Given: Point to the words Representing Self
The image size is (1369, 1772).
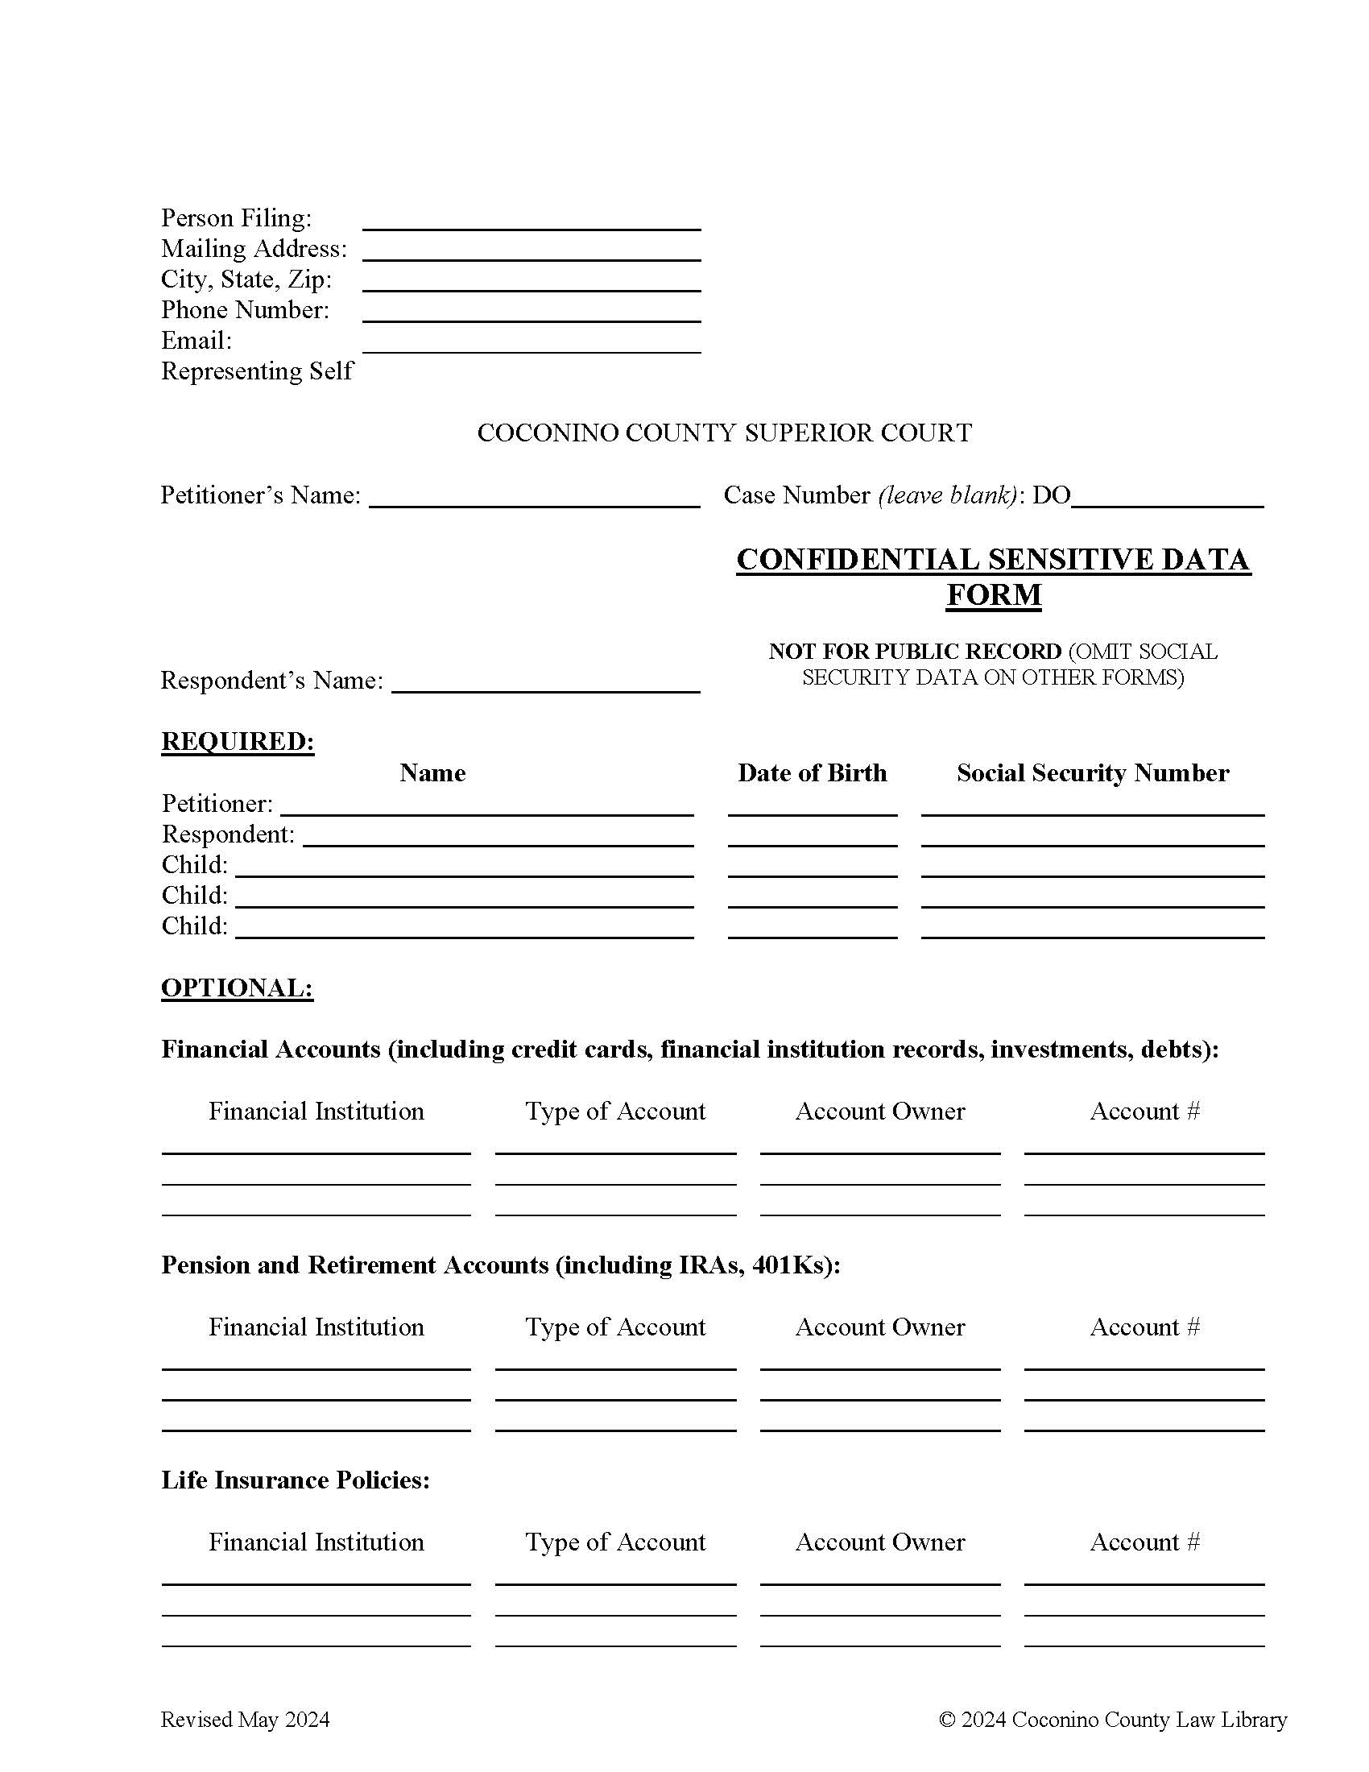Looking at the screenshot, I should [x=257, y=371].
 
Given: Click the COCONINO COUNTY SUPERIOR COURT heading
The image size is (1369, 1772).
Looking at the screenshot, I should [x=724, y=433].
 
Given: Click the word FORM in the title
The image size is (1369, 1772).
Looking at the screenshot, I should [x=994, y=594].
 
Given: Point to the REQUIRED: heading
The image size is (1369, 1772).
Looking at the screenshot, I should [x=238, y=742].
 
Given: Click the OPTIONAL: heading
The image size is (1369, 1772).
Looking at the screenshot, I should [x=237, y=987].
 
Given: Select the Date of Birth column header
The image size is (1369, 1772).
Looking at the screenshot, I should [x=812, y=772].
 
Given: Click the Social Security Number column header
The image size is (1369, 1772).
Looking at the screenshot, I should [x=1093, y=772].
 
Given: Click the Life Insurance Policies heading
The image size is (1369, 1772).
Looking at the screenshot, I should [x=296, y=1480].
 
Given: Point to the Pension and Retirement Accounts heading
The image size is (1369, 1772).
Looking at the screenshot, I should [x=500, y=1265].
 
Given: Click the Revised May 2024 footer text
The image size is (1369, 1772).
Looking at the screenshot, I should [x=245, y=1720].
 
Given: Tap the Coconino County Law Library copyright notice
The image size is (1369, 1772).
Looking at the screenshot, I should [x=1113, y=1720].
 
